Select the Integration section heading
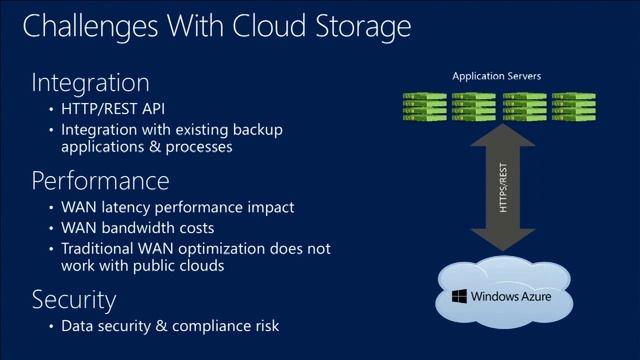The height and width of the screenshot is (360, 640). click(90, 82)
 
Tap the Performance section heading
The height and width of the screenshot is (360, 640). click(100, 181)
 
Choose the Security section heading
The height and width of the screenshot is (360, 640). click(74, 299)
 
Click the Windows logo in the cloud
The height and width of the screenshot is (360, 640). click(459, 297)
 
